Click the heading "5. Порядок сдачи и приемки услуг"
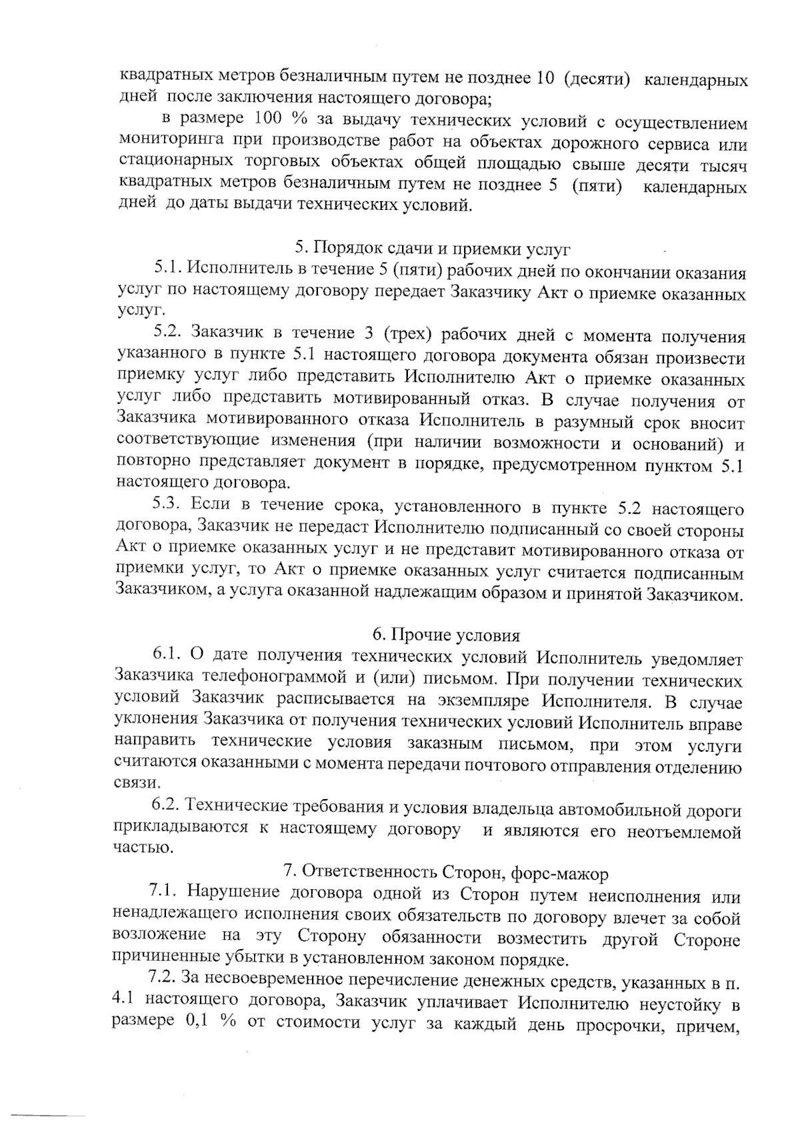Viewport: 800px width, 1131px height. (433, 250)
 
